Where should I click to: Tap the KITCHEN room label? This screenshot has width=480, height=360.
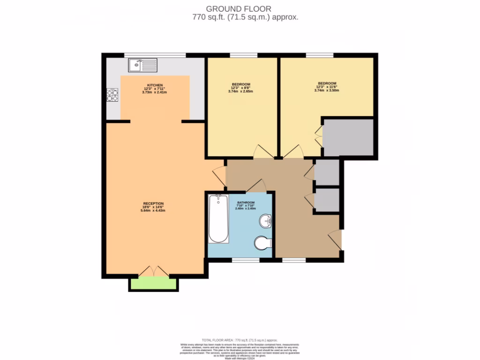click(x=155, y=85)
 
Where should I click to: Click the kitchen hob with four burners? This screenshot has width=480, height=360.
click(x=112, y=95)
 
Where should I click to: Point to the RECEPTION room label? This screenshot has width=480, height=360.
click(x=154, y=203)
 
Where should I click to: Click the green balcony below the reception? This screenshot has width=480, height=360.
click(x=153, y=283)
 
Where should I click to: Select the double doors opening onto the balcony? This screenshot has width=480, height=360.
click(x=153, y=271)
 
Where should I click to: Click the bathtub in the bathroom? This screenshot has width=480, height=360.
click(x=218, y=219)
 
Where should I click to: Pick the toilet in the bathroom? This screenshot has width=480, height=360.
click(x=262, y=243)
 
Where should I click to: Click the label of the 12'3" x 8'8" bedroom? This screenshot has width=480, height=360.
click(x=240, y=84)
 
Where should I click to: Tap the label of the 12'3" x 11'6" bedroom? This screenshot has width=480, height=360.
click(x=326, y=83)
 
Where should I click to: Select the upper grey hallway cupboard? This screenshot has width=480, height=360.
click(x=327, y=172)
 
